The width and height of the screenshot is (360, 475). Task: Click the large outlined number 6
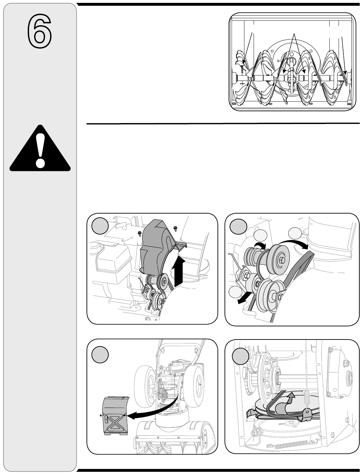(x=40, y=31)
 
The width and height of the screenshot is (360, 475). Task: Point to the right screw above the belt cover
(x=175, y=228)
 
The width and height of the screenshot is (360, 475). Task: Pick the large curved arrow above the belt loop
(x=293, y=243)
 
